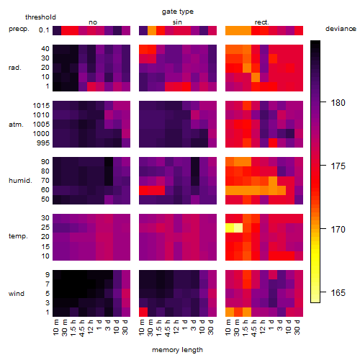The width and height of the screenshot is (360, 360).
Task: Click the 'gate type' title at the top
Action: pyautogui.click(x=178, y=12)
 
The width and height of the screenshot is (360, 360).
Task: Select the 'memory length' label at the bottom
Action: pyautogui.click(x=177, y=350)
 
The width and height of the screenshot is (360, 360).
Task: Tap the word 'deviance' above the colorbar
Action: pyautogui.click(x=341, y=29)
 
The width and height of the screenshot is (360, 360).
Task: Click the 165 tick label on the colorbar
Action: pyautogui.click(x=338, y=293)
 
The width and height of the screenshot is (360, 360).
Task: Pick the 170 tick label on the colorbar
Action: pyautogui.click(x=338, y=230)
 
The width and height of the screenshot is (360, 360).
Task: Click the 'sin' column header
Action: pyautogui.click(x=177, y=22)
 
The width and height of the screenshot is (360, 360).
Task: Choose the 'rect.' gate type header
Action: pyautogui.click(x=262, y=22)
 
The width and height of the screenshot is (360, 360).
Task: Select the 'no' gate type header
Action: pyautogui.click(x=93, y=22)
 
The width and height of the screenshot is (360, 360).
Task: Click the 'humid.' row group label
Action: pyautogui.click(x=20, y=181)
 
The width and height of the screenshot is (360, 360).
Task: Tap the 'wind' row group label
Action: pyautogui.click(x=17, y=294)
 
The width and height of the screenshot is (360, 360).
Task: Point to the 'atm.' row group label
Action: pyautogui.click(x=16, y=125)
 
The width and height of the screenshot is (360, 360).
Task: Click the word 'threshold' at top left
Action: pyautogui.click(x=40, y=17)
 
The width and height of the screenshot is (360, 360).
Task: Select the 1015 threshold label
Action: pyautogui.click(x=41, y=106)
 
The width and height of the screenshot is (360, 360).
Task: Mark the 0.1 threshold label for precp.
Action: pyautogui.click(x=44, y=30)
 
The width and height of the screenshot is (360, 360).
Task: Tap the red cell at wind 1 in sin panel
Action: pyautogui.click(x=143, y=312)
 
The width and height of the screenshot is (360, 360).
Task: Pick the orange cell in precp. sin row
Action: pyautogui.click(x=152, y=30)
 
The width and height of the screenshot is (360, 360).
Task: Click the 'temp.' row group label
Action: pyautogui.click(x=18, y=236)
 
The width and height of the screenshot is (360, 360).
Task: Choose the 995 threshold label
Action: pyautogui.click(x=43, y=143)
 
